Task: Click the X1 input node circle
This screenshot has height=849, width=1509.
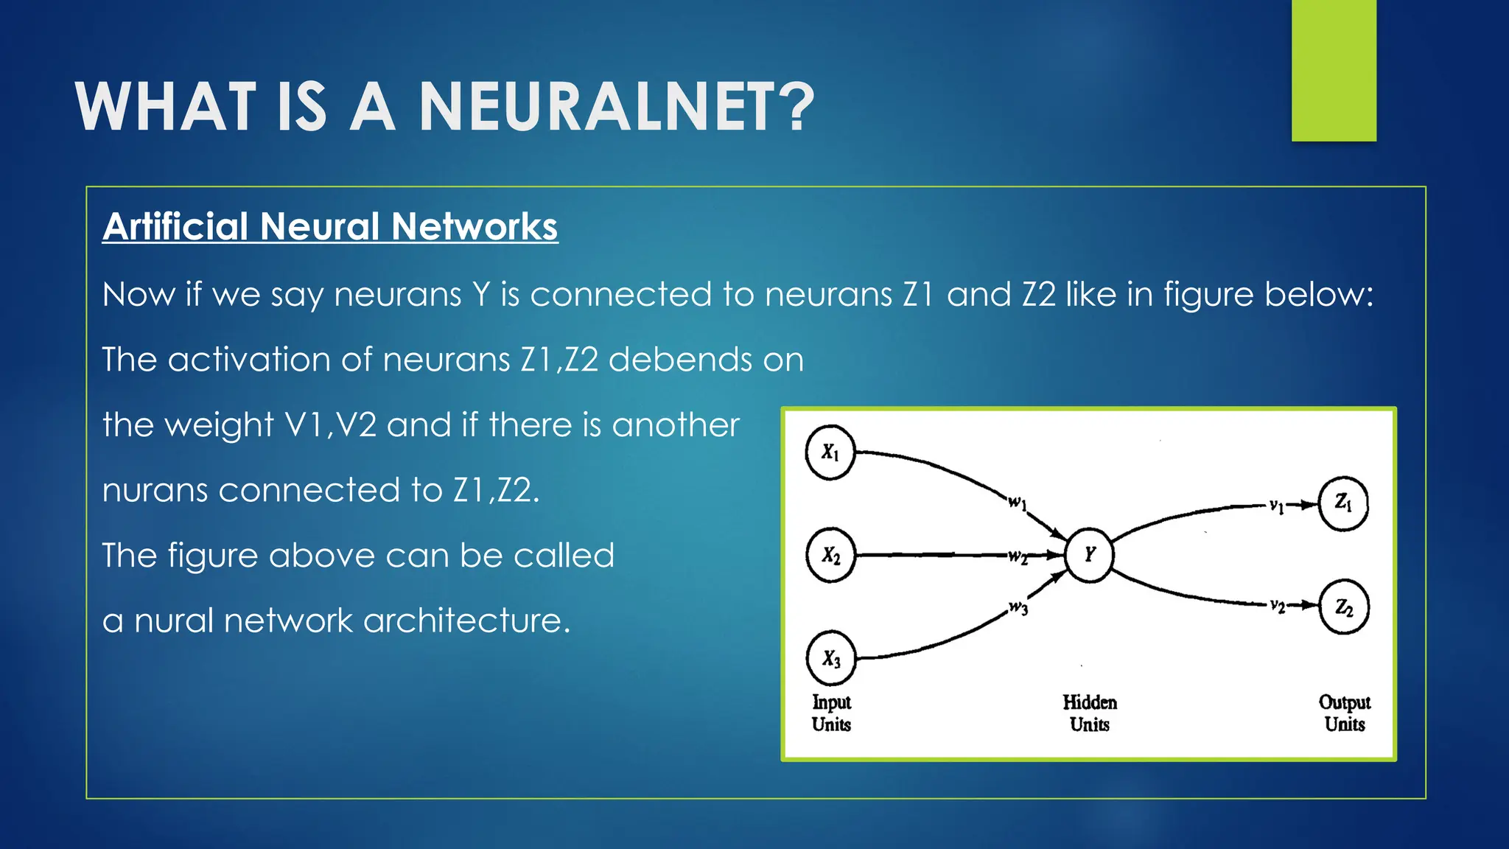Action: (x=830, y=453)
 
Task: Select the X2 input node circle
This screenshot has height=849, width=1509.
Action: (x=830, y=555)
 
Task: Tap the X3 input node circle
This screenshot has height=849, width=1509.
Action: (x=830, y=658)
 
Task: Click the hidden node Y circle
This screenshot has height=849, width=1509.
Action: (x=1089, y=555)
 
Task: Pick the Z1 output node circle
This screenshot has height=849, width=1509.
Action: (x=1343, y=504)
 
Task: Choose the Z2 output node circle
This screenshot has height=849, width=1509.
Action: (x=1343, y=607)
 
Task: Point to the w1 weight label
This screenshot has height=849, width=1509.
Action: (x=1018, y=503)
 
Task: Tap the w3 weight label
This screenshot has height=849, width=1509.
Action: (x=1018, y=608)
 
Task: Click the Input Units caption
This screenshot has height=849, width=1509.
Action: (x=831, y=713)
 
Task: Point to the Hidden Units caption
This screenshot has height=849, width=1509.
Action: (x=1090, y=713)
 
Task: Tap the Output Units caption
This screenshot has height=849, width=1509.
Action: (x=1345, y=713)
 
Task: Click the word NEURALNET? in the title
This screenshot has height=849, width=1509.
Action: (x=617, y=108)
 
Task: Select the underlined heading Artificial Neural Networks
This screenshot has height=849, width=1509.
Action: (x=330, y=226)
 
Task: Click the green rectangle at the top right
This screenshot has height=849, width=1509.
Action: (x=1334, y=70)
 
